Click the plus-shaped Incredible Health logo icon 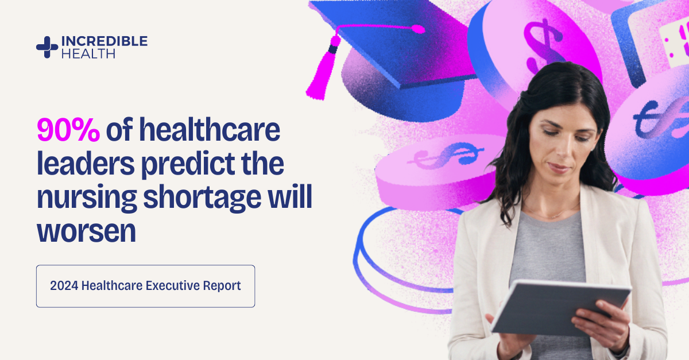[x=47, y=47]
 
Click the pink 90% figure [x=68, y=131]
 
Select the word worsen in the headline [x=86, y=231]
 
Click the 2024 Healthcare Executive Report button [x=145, y=286]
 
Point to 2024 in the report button [x=64, y=286]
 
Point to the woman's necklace [x=551, y=215]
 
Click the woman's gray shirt [x=545, y=253]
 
